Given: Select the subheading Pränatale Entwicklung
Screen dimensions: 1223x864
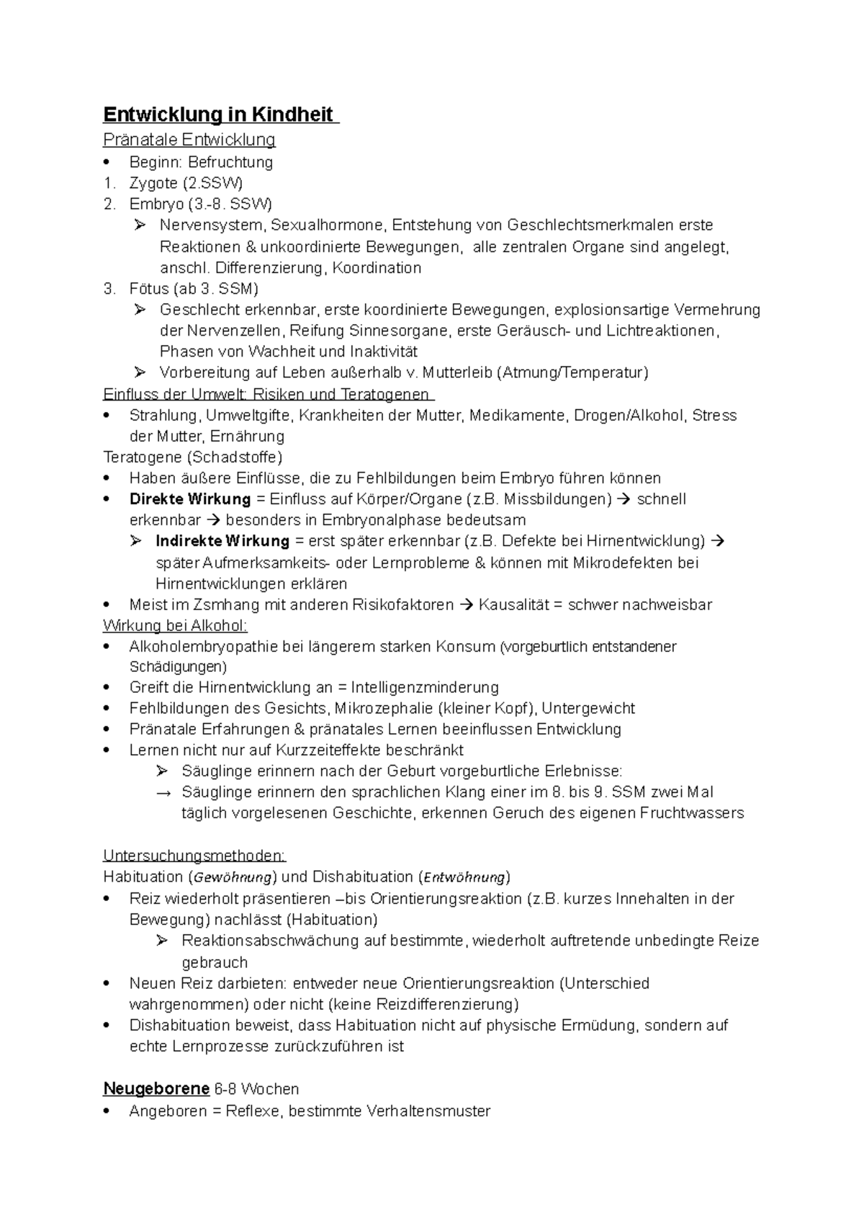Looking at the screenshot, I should click(189, 140).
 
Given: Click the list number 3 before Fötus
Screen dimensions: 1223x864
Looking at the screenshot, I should click(108, 290).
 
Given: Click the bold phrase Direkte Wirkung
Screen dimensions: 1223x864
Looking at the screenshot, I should click(190, 499).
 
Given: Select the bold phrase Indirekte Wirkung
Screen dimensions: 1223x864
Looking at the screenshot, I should click(222, 541).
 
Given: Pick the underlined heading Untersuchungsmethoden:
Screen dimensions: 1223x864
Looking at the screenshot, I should click(194, 856).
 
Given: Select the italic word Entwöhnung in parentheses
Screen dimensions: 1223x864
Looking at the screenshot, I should click(464, 877).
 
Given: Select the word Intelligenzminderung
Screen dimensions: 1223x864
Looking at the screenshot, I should click(425, 688).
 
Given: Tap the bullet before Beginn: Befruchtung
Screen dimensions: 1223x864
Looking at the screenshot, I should click(107, 162).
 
